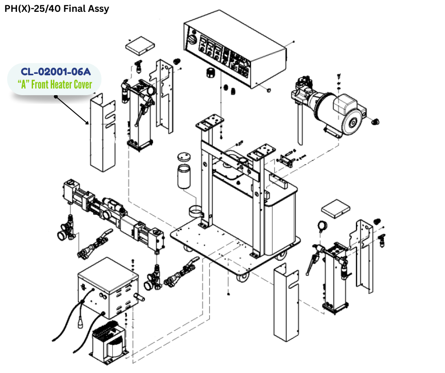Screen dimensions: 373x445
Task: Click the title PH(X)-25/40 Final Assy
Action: (x=57, y=9)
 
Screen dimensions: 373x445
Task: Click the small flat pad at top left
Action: (x=140, y=45)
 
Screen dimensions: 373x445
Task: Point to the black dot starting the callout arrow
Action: (x=56, y=97)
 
